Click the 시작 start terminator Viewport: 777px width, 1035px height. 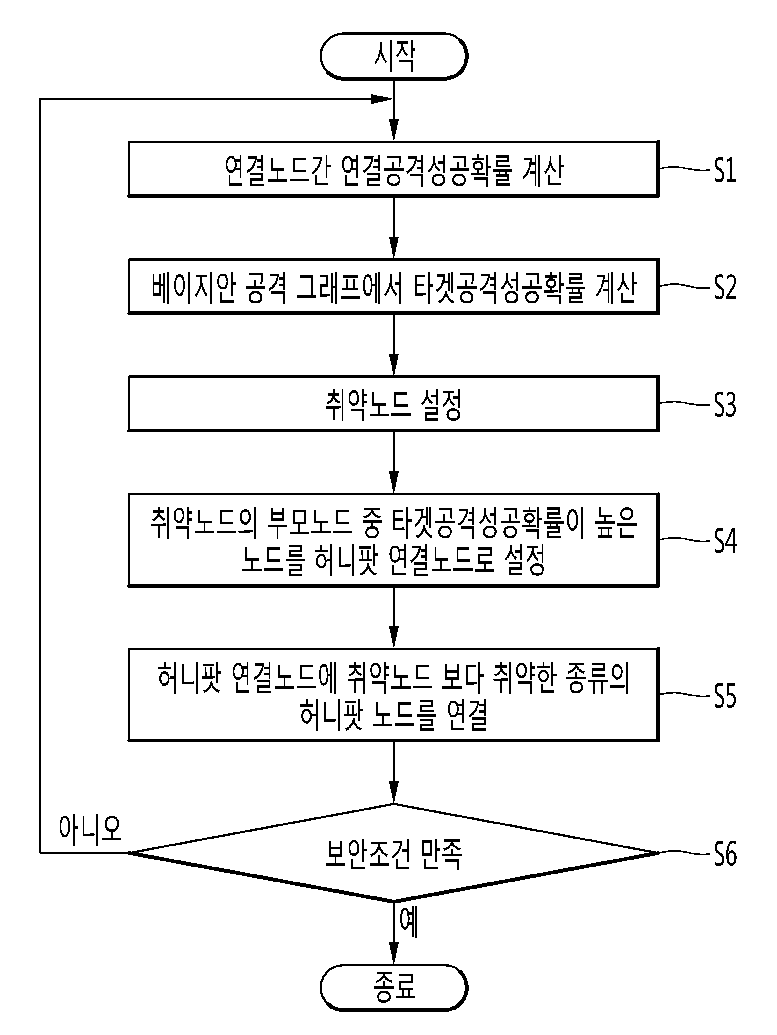pos(394,56)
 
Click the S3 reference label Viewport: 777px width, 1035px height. pos(724,405)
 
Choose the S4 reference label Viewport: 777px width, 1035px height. pos(724,541)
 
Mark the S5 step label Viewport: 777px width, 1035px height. pos(724,696)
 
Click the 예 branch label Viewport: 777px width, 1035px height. pos(409,922)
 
